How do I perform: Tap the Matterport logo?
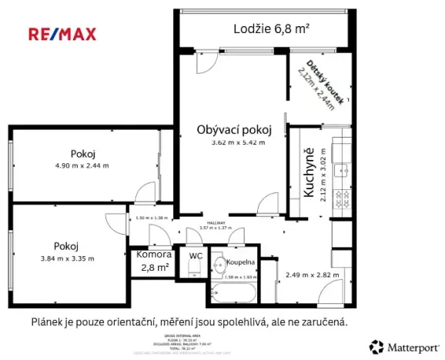tap(398, 346)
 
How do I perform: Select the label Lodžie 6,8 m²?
tap(271, 29)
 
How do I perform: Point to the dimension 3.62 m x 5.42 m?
tap(235, 142)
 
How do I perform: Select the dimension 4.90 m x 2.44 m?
tap(82, 165)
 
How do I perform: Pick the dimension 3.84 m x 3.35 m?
tap(68, 258)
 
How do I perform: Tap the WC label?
tap(196, 255)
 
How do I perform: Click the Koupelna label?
tap(241, 262)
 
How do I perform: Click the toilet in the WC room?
tap(194, 269)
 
